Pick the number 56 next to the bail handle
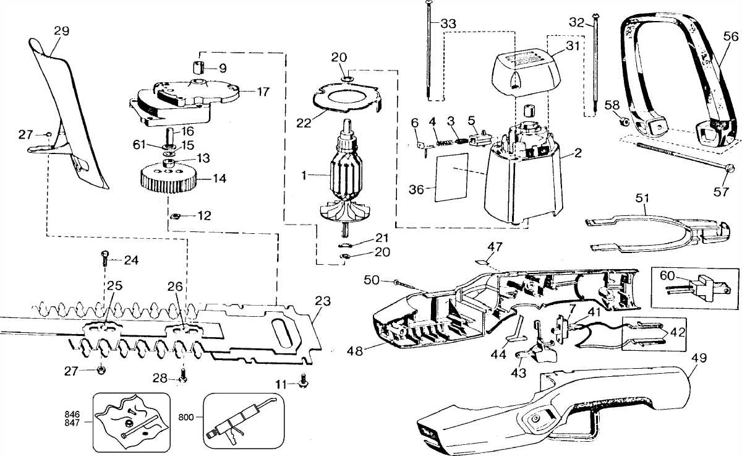(730, 37)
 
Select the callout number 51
(642, 199)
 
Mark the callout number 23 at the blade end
(323, 301)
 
